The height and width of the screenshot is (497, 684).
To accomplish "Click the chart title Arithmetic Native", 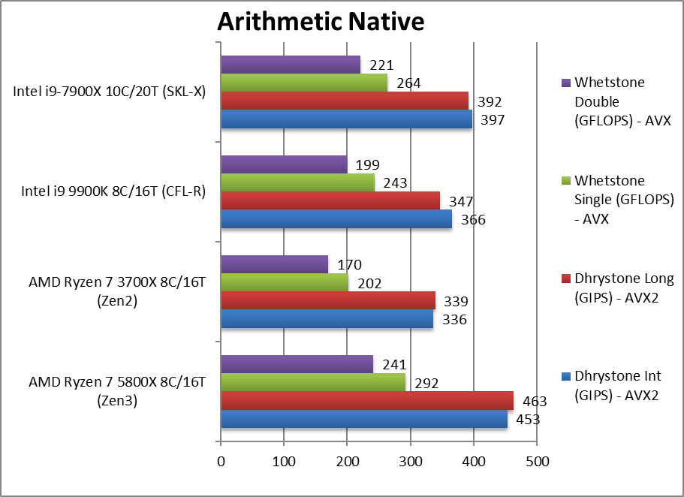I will pyautogui.click(x=321, y=22).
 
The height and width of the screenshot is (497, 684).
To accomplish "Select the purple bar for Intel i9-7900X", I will pyautogui.click(x=290, y=64).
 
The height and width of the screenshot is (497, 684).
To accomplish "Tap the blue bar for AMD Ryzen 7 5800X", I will pyautogui.click(x=363, y=419).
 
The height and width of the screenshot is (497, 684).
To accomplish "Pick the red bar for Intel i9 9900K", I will pyautogui.click(x=330, y=200).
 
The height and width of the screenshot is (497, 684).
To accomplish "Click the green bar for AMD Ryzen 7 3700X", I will pyautogui.click(x=285, y=282).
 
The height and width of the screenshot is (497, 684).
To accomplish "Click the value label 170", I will pyautogui.click(x=350, y=264).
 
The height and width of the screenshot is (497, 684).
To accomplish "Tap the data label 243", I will pyautogui.click(x=396, y=183).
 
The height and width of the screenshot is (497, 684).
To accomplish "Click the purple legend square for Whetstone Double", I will pyautogui.click(x=565, y=83).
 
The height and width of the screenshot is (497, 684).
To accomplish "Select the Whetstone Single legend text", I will pyautogui.click(x=609, y=199).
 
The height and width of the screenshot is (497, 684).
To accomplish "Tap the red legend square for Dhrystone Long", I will pyautogui.click(x=565, y=279).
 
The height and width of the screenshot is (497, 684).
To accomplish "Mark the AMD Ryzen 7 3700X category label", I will pyautogui.click(x=118, y=291).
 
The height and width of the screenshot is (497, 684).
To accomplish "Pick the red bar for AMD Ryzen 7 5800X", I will pyautogui.click(x=367, y=400).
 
